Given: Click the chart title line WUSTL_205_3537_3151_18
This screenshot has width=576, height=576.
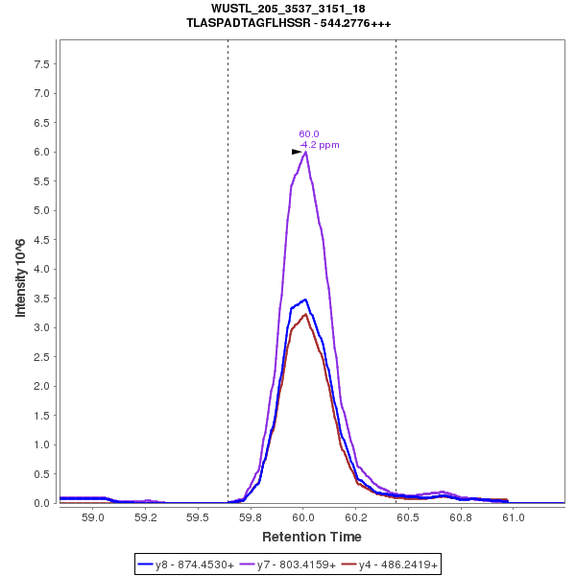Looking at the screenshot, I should (288, 9).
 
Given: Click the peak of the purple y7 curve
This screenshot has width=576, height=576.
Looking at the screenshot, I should (304, 152).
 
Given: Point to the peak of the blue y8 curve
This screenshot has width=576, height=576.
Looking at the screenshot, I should (305, 300).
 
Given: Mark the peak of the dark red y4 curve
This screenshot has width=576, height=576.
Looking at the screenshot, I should (305, 314).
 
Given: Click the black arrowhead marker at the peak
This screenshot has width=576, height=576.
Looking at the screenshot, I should (297, 152).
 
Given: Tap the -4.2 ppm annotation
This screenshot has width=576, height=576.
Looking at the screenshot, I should (320, 145).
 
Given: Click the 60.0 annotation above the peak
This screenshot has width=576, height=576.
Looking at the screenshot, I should (308, 134).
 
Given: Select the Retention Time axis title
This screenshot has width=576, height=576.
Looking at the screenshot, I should (312, 537).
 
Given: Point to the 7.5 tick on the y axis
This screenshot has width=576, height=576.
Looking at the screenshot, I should (42, 63).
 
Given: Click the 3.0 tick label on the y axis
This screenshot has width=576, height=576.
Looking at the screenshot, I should (42, 327).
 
